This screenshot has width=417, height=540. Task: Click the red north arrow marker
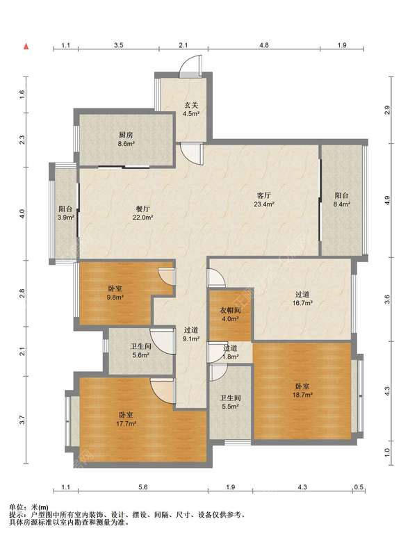tap(26, 47)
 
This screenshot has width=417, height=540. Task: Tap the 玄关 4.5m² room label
tap(191, 110)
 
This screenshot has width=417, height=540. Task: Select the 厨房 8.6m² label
tap(126, 140)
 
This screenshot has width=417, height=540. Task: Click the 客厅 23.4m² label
tap(264, 199)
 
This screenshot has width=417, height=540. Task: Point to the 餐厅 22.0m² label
tap(142, 213)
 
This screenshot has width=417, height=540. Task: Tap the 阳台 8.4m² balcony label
tap(341, 199)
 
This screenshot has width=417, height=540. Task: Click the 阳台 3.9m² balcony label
tap(66, 213)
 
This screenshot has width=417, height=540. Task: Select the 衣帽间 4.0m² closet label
tap(230, 314)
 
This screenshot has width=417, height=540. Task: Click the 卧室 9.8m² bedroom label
tap(115, 293)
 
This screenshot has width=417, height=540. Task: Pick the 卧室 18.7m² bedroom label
tap(302, 391)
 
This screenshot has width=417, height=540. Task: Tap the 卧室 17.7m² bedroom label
tap(126, 420)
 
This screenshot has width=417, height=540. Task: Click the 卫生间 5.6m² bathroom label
tap(140, 350)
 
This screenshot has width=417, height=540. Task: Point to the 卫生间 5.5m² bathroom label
tap(230, 402)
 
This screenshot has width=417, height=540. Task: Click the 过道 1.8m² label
tap(230, 352)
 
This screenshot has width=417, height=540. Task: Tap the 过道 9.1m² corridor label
tap(191, 334)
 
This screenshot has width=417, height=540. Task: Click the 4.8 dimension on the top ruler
tap(264, 45)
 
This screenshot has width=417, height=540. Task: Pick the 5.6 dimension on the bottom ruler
tap(143, 487)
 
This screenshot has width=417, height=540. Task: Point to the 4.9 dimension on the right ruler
tap(387, 200)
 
